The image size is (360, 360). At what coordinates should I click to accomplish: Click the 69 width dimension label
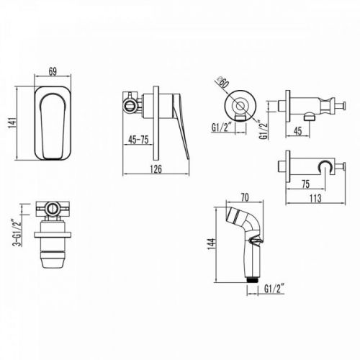pyautogui.click(x=53, y=71)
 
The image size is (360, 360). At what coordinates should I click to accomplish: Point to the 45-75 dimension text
pyautogui.click(x=138, y=140)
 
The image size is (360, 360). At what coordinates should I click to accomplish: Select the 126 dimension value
pyautogui.click(x=156, y=169)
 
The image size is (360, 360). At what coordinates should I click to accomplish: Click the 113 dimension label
pyautogui.click(x=315, y=198)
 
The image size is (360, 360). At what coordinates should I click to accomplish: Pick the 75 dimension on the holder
pyautogui.click(x=305, y=184)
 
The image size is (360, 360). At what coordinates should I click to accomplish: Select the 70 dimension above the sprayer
pyautogui.click(x=245, y=197)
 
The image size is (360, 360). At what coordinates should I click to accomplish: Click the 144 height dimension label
pyautogui.click(x=211, y=244)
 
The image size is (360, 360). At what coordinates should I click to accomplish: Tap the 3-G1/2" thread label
pyautogui.click(x=17, y=231)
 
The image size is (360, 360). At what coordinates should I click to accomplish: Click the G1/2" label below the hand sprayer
pyautogui.click(x=274, y=289)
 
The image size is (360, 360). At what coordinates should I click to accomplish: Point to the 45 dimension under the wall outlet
pyautogui.click(x=297, y=131)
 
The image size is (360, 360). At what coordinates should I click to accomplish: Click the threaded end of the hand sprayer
pyautogui.click(x=252, y=280)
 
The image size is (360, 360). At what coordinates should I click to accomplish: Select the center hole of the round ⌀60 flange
pyautogui.click(x=240, y=106)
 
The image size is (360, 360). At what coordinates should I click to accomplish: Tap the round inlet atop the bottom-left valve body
pyautogui.click(x=53, y=209)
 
